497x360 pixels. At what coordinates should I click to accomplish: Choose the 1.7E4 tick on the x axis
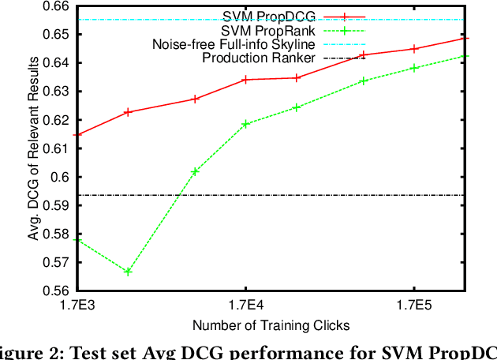[x=245, y=305]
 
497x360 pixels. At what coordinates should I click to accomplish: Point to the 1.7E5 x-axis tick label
[x=415, y=305]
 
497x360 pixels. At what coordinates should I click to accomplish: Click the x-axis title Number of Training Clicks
[x=271, y=324]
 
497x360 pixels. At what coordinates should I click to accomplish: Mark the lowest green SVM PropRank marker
[x=128, y=272]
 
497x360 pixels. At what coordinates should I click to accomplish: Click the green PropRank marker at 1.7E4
[x=245, y=124]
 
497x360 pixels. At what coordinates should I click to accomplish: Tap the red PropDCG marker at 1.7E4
[x=245, y=80]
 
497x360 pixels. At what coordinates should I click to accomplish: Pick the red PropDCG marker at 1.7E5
[x=415, y=49]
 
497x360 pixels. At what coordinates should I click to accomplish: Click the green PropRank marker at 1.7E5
[x=415, y=68]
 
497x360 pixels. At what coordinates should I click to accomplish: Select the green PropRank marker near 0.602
[x=195, y=171]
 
